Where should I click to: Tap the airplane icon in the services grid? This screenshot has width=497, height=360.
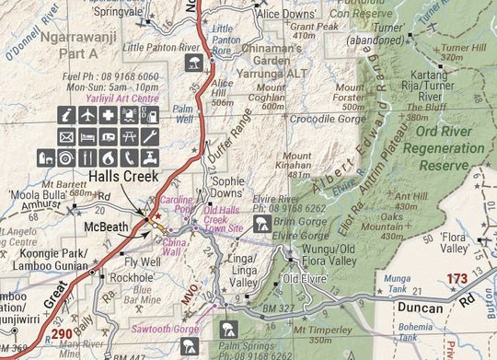coord(87,115)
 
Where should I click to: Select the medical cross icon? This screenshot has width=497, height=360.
coord(109,115)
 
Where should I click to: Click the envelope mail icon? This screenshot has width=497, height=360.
coord(66,136)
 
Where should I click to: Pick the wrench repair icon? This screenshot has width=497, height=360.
coord(151,136)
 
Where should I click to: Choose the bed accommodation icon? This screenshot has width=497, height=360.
coord(87,136)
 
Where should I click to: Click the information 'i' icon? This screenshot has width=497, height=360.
coord(66,115)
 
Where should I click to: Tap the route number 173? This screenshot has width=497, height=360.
coord(457,277)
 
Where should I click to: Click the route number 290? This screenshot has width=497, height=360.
coord(62,334)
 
